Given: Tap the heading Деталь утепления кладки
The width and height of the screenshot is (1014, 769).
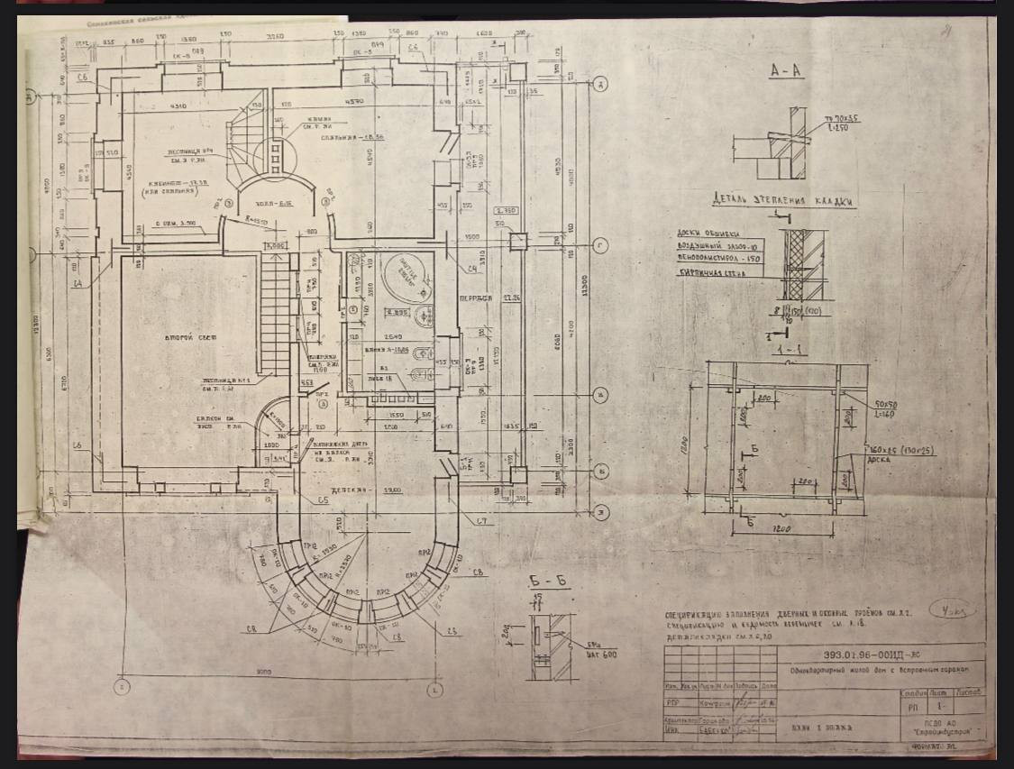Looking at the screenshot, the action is point(781,201).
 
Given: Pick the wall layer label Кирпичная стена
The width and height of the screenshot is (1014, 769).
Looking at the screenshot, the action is point(715,270).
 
